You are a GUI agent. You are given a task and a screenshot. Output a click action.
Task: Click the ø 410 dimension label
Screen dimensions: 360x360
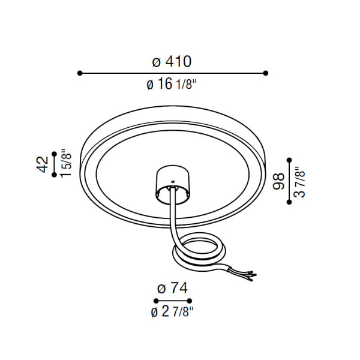coord(172,61)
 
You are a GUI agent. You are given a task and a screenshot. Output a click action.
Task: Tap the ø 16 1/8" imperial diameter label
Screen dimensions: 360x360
coord(172,83)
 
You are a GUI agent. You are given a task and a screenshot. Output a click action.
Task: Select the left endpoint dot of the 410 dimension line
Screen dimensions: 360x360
coord(80,73)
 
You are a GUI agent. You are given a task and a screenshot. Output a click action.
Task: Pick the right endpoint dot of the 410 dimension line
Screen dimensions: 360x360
coord(266,73)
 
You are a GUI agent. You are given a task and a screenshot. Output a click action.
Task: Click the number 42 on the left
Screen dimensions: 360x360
coord(43,164)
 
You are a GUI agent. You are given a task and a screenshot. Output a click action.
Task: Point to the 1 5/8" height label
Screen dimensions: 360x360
coord(67,163)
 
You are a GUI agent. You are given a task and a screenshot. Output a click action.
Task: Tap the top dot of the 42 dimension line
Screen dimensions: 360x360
coord(54,154)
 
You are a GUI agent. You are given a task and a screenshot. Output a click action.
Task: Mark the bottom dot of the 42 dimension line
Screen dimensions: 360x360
coord(54,175)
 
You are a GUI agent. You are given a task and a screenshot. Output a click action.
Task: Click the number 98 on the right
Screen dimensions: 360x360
coord(278,181)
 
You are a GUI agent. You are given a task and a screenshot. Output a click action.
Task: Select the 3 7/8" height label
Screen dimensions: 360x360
coord(299,182)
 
